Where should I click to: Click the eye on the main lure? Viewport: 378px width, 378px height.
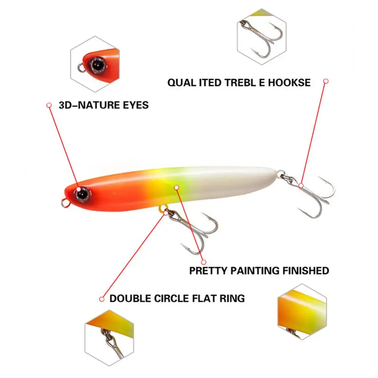[x=82, y=193]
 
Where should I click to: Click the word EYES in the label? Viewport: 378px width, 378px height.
[x=134, y=105]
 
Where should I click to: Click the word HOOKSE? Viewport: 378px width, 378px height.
[x=289, y=82]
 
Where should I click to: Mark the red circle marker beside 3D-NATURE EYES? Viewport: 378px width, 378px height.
[x=49, y=105]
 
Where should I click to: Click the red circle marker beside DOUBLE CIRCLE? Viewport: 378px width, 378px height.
[x=101, y=299]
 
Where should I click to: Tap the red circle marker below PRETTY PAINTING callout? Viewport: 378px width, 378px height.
[x=203, y=262]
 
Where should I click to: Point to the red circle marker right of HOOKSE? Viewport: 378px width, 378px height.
[x=326, y=81]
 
